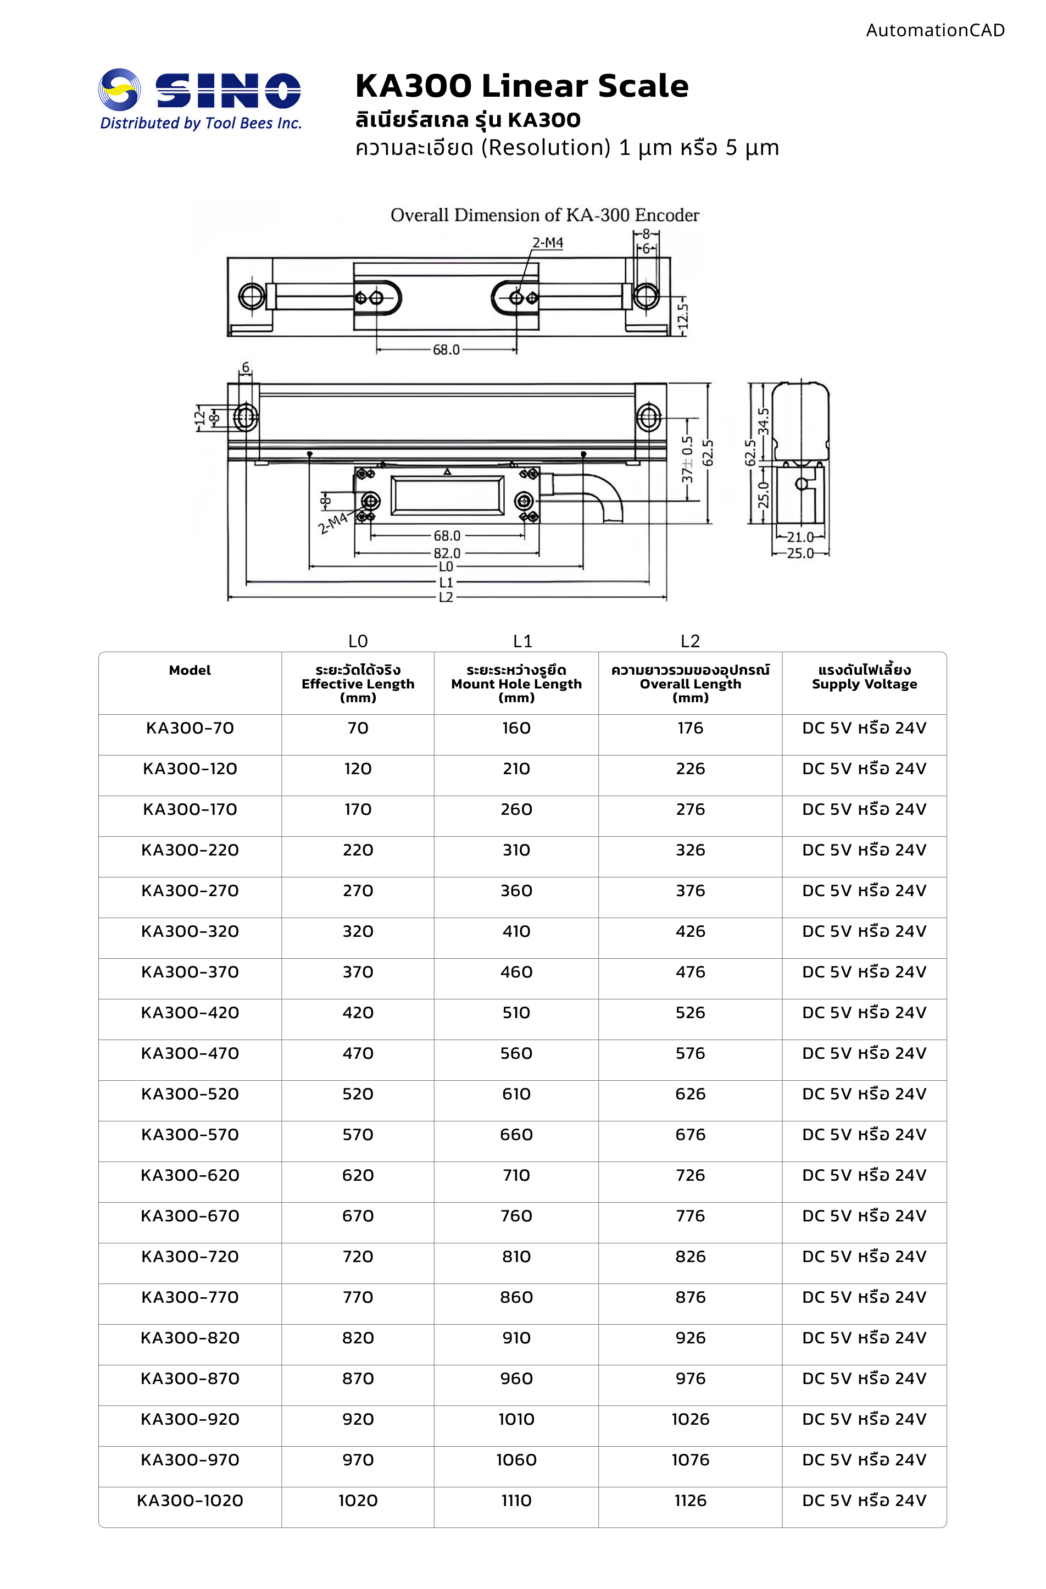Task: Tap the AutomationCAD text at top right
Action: click(934, 30)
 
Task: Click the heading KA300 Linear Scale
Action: click(521, 86)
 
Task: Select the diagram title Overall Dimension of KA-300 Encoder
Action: click(544, 215)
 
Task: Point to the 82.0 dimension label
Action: click(447, 553)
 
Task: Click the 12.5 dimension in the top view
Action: click(682, 318)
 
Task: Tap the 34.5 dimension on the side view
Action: click(765, 421)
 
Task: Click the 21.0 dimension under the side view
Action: click(800, 537)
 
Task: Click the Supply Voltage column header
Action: click(864, 677)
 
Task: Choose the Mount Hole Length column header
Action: click(516, 684)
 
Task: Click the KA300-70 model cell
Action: click(190, 729)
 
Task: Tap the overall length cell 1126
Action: click(690, 1500)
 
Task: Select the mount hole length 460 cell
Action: click(516, 972)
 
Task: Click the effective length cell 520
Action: click(358, 1093)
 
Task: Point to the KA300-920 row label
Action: click(190, 1419)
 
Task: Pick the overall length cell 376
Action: click(690, 891)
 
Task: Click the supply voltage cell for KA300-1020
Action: click(864, 1500)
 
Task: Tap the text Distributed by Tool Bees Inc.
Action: click(201, 124)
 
